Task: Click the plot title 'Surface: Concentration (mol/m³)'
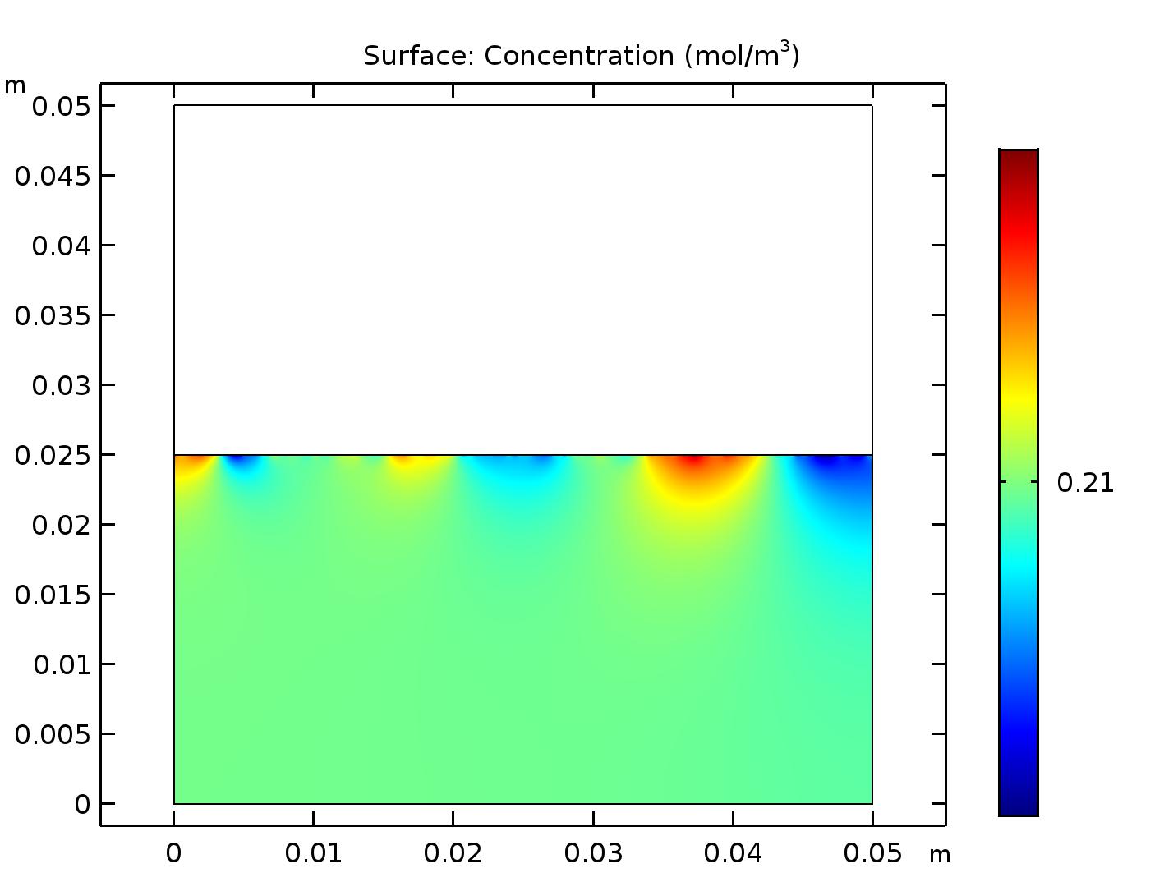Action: tap(581, 55)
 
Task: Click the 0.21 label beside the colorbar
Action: tap(1085, 483)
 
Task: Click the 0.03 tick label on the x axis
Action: tap(593, 853)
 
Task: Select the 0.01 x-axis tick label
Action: tap(313, 853)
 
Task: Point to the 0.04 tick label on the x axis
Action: tap(733, 853)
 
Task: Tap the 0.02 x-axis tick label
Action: tap(453, 853)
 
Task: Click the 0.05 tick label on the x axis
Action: tap(872, 853)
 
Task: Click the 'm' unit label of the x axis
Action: tap(940, 855)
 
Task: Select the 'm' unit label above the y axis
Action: tap(15, 85)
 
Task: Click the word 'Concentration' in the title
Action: tap(579, 56)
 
